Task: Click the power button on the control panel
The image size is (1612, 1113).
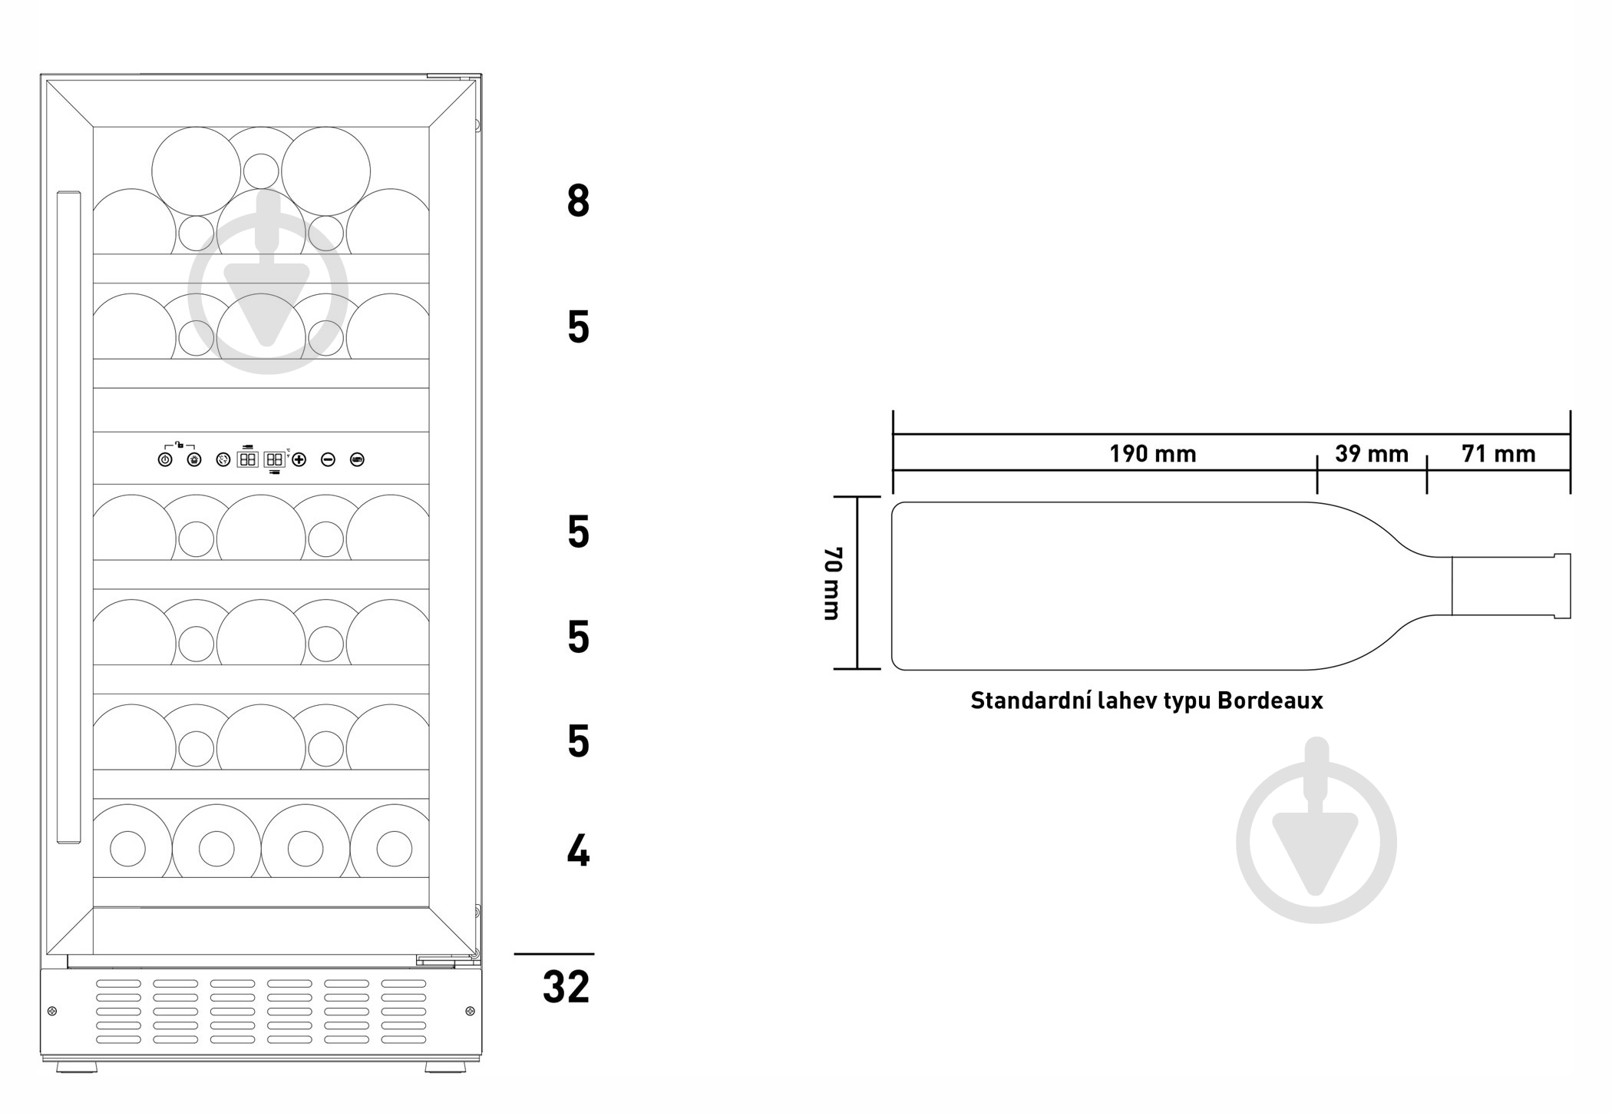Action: (165, 460)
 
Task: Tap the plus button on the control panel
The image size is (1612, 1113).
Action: (299, 460)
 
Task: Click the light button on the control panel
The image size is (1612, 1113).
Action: (194, 460)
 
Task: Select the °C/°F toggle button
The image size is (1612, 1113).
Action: (223, 460)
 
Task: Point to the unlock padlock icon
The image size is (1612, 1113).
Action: (179, 443)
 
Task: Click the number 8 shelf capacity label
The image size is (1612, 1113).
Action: (578, 201)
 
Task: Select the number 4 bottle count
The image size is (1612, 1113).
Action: (578, 851)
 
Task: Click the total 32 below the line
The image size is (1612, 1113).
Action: (567, 987)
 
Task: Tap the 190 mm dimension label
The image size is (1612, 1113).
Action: (1152, 454)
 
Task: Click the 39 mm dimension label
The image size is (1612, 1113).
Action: (1372, 454)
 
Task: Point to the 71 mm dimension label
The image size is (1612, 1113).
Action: (1498, 454)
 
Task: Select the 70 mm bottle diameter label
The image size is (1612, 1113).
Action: (833, 583)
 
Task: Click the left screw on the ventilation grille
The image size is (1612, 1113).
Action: (52, 1011)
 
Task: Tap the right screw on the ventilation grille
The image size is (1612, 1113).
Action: (471, 1011)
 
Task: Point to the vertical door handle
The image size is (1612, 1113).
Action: (68, 517)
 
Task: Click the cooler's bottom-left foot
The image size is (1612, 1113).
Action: (76, 1067)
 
